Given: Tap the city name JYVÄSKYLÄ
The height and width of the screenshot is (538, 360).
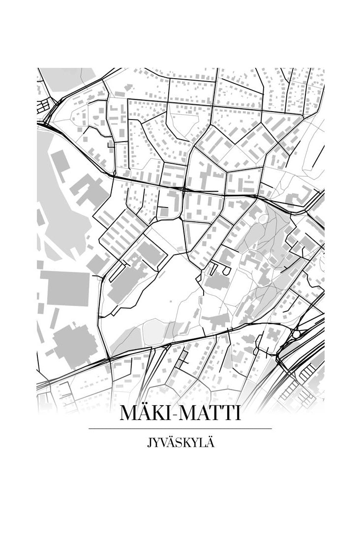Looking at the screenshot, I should pos(180,443).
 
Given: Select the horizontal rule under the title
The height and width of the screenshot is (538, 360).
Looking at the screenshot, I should pos(180,429).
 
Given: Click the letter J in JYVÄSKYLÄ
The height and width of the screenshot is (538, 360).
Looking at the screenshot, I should pos(149,443).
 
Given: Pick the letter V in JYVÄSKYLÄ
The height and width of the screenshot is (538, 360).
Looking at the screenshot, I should pos(162,443).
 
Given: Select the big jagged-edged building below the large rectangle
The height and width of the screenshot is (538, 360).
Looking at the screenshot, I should pos(74,344).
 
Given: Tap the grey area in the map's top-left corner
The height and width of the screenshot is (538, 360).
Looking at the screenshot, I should pos(66,79).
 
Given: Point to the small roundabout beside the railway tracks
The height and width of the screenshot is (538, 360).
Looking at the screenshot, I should pos(297,333).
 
